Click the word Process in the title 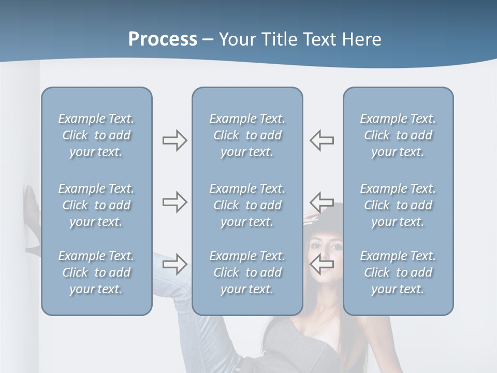click(x=163, y=39)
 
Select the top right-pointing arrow click(x=174, y=140)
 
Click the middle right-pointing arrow click(x=174, y=202)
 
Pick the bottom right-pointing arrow click(x=174, y=264)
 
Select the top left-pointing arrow click(x=322, y=140)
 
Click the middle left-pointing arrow click(x=322, y=202)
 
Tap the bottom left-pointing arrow click(x=322, y=264)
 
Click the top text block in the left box click(x=96, y=135)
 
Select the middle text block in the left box click(x=96, y=205)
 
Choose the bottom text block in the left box click(x=96, y=272)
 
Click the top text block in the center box click(x=247, y=135)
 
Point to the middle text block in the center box click(x=247, y=205)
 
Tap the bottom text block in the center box click(x=247, y=272)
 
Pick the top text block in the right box click(x=398, y=135)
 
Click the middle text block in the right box click(x=398, y=205)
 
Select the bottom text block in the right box click(x=398, y=272)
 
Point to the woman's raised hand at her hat click(x=311, y=217)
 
